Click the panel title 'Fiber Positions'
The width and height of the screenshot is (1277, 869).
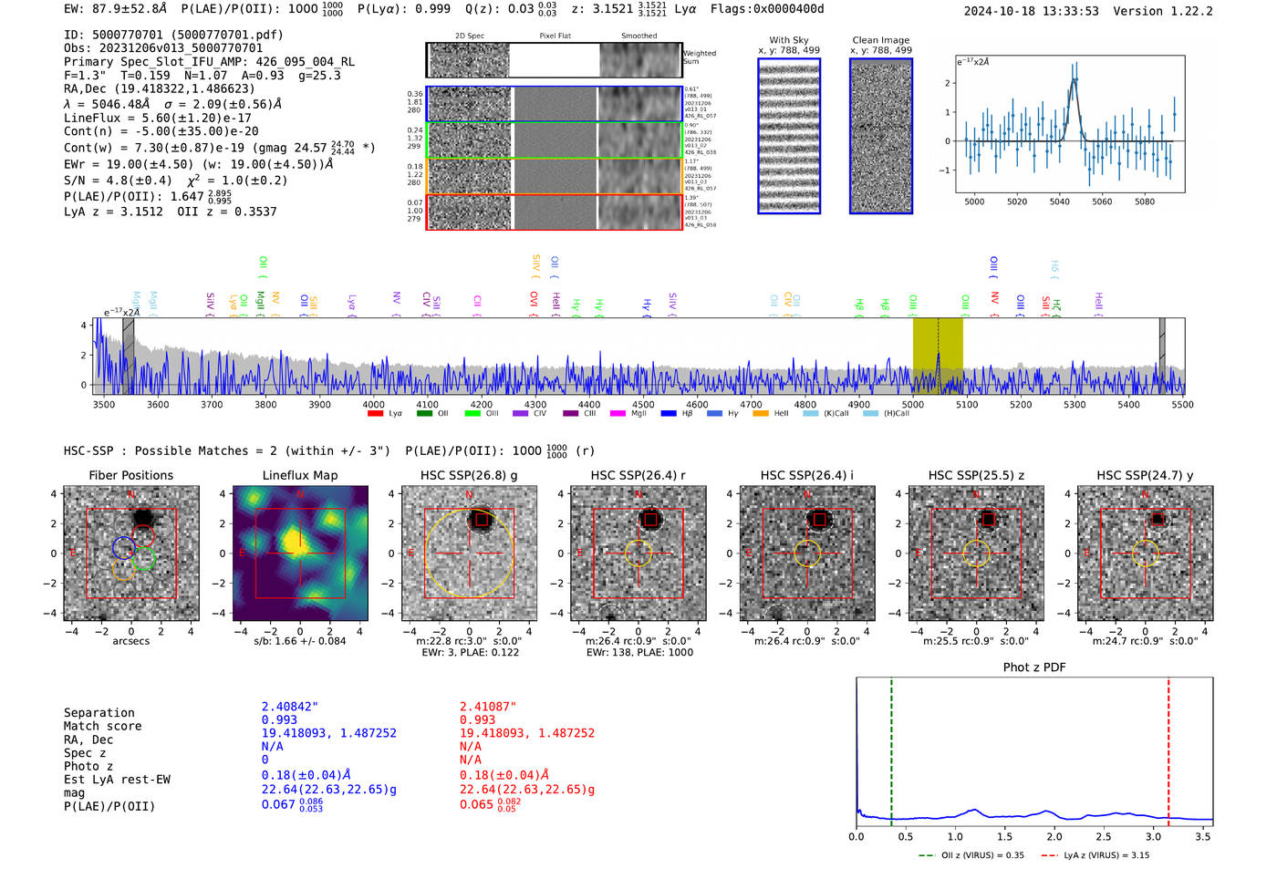130,475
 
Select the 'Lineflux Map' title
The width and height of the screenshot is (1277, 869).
299,475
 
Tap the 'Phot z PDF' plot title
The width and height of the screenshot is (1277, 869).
1033,667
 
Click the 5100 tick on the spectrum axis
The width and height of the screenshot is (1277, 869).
967,405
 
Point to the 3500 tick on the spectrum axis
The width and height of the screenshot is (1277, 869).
103,405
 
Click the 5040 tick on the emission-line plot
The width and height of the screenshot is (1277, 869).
1059,202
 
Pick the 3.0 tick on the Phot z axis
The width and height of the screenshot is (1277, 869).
1153,836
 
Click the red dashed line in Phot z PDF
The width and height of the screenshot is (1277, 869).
1168,748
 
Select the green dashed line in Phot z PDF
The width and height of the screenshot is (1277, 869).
891,748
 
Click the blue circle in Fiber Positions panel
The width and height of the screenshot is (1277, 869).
124,547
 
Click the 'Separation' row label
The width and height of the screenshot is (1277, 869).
99,713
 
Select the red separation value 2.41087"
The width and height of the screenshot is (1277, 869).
488,707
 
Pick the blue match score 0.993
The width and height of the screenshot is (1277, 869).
279,720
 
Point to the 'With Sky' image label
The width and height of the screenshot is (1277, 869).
788,40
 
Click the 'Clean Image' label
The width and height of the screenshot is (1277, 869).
880,40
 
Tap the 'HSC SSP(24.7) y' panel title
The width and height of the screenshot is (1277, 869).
1145,475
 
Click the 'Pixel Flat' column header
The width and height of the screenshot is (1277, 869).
555,36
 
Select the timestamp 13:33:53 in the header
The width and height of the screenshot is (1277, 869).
1068,11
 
